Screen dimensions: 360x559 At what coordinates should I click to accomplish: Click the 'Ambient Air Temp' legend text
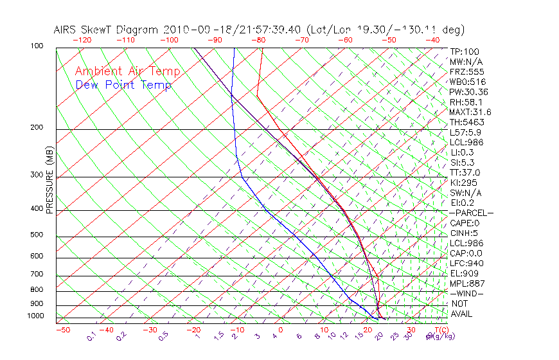[127, 72]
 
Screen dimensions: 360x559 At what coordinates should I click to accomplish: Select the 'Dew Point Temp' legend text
[123, 85]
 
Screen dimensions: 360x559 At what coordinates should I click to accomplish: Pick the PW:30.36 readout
[468, 92]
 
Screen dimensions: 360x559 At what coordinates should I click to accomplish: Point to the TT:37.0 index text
[465, 172]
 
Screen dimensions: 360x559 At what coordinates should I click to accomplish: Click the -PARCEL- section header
[471, 213]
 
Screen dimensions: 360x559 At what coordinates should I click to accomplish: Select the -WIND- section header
[466, 293]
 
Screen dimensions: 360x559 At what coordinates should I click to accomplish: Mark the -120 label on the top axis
[82, 40]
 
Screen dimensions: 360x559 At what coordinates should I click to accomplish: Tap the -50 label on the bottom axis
[62, 330]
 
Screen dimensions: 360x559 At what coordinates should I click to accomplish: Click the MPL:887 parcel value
[466, 283]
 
